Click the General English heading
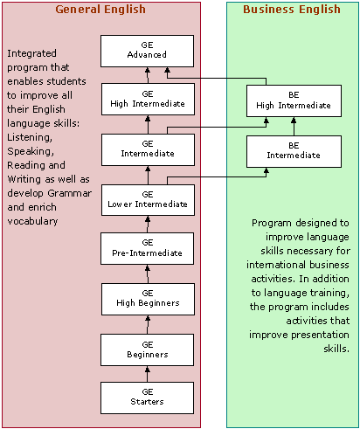[x=100, y=10]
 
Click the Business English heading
[x=292, y=10]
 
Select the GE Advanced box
[x=147, y=52]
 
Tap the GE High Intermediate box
[x=148, y=100]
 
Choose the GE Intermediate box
[x=148, y=149]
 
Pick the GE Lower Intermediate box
[x=148, y=200]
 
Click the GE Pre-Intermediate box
[x=147, y=248]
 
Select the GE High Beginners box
[x=148, y=299]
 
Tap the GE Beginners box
[x=147, y=349]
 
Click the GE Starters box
[x=147, y=398]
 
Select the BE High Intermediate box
[x=294, y=100]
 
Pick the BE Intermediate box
[x=294, y=151]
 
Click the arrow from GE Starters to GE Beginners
[x=148, y=374]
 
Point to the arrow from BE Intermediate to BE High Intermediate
[x=294, y=127]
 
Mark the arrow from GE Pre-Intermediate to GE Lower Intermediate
[x=148, y=225]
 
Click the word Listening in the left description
[x=30, y=137]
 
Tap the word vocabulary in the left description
[x=32, y=221]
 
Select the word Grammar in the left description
[x=70, y=193]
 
